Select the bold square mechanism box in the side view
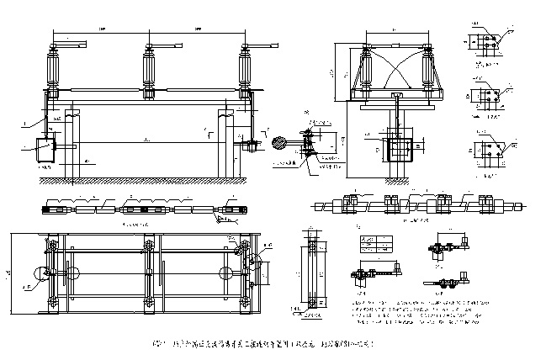click(x=400, y=149)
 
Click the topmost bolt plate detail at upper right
click(x=486, y=41)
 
